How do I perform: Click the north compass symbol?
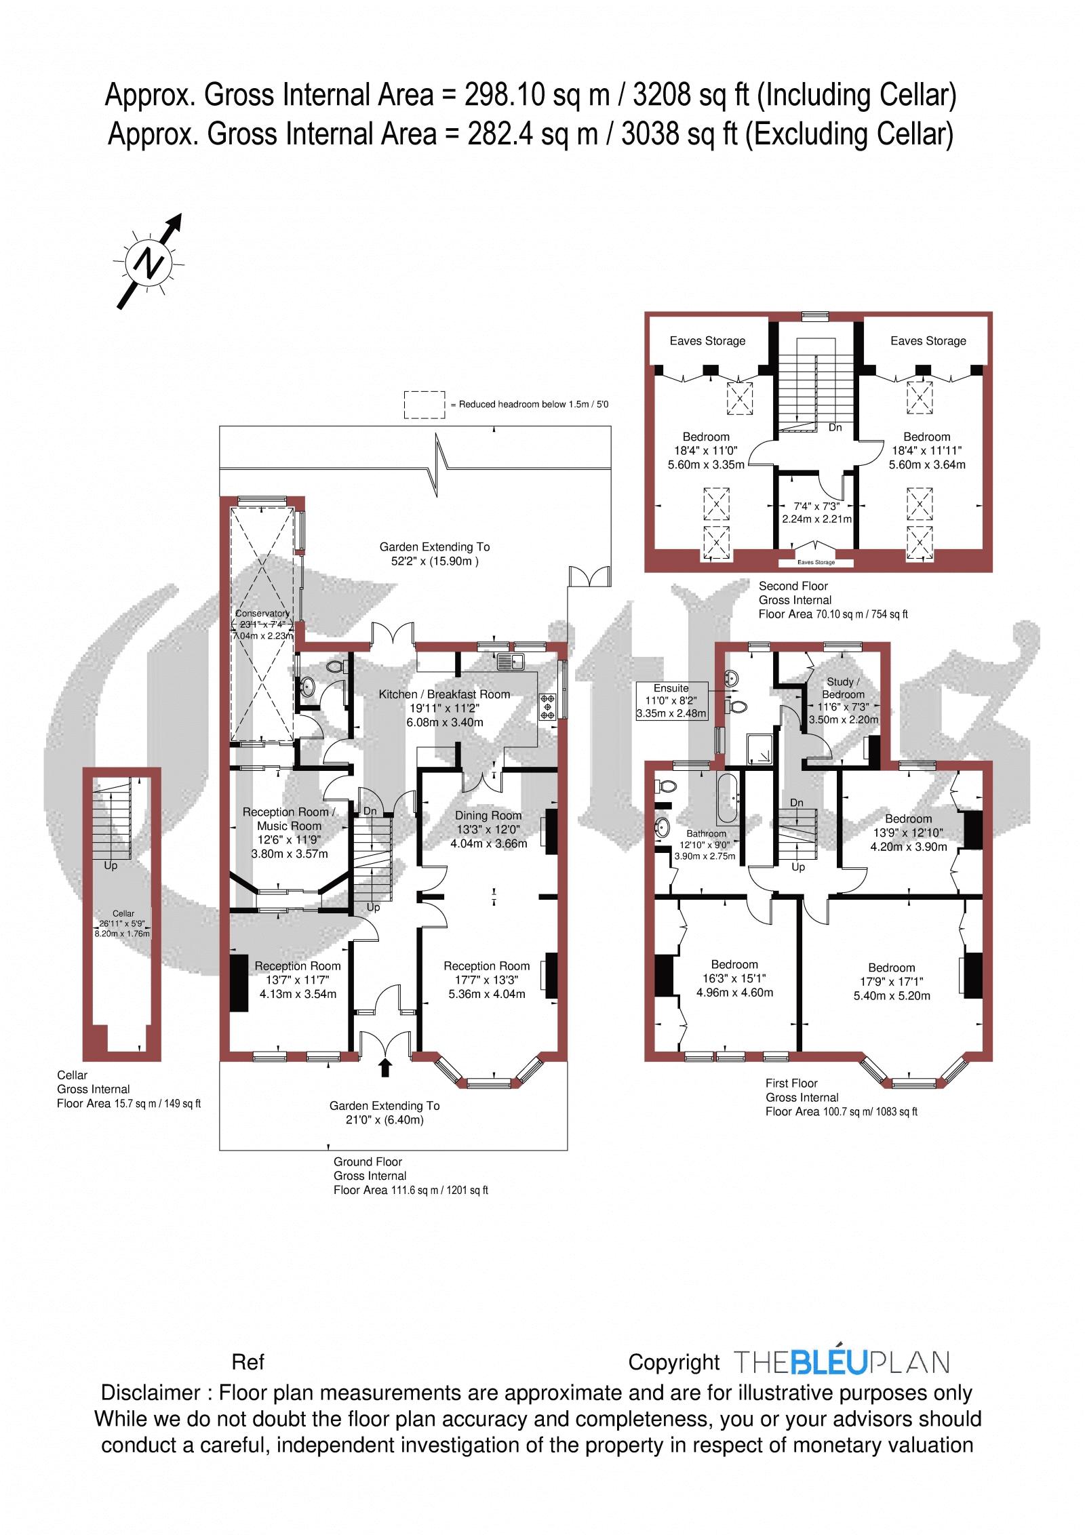pyautogui.click(x=149, y=262)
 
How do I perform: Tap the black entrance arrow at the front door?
pyautogui.click(x=385, y=1067)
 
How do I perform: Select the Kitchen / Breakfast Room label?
pyautogui.click(x=444, y=694)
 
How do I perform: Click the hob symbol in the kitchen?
pyautogui.click(x=548, y=706)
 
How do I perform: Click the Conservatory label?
pyautogui.click(x=262, y=614)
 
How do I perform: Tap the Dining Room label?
pyautogui.click(x=488, y=816)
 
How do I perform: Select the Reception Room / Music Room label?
pyautogui.click(x=290, y=819)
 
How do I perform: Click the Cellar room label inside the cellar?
pyautogui.click(x=123, y=913)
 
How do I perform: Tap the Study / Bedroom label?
pyautogui.click(x=844, y=687)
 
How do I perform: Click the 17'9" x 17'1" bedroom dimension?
pyautogui.click(x=891, y=981)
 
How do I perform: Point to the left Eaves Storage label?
pyautogui.click(x=707, y=341)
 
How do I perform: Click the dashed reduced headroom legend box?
pyautogui.click(x=425, y=405)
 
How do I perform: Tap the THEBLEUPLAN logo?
pyautogui.click(x=842, y=1362)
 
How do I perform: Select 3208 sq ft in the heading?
pyautogui.click(x=690, y=96)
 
